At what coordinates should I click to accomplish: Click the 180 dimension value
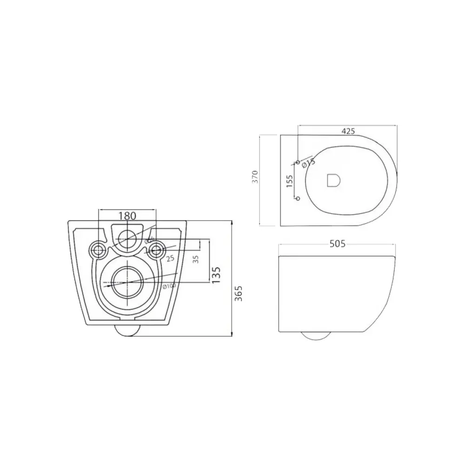point(127,216)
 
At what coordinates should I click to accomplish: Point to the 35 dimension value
point(196,259)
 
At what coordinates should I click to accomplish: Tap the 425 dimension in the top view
point(346,131)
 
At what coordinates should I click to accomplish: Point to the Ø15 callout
point(308,162)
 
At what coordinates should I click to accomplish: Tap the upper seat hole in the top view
point(299,162)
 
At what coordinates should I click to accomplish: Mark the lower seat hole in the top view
point(299,199)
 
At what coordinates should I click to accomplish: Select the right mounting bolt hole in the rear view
point(156,250)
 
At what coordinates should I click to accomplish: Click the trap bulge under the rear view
point(127,330)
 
